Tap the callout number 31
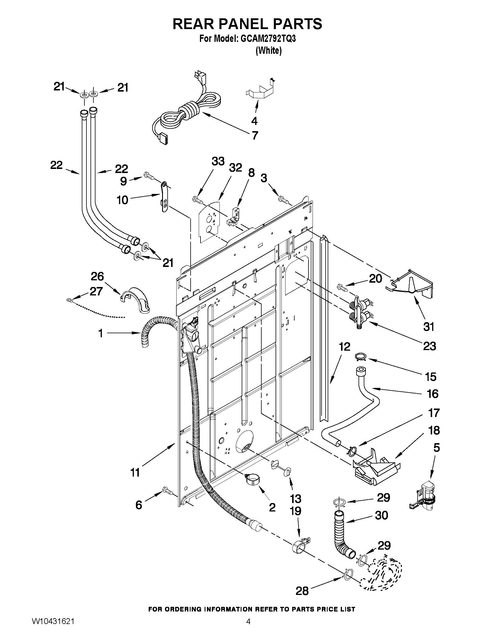pyautogui.click(x=429, y=327)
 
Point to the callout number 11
pyautogui.click(x=135, y=473)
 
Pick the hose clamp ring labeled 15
pyautogui.click(x=360, y=356)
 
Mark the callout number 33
pyautogui.click(x=218, y=161)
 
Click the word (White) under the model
pyautogui.click(x=268, y=51)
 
